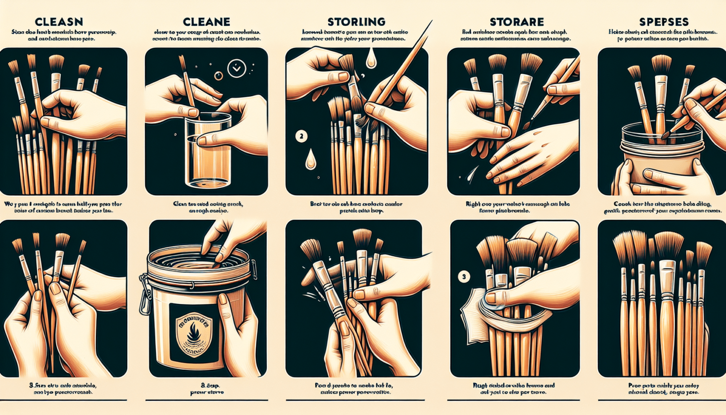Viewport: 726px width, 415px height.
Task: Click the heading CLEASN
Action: pyautogui.click(x=59, y=22)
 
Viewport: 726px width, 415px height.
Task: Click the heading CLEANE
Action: pyautogui.click(x=206, y=22)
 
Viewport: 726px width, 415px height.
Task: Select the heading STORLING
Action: pyautogui.click(x=356, y=22)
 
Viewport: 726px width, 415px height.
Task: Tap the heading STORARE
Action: pyautogui.click(x=516, y=22)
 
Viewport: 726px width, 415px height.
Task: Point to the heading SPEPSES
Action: pyautogui.click(x=664, y=22)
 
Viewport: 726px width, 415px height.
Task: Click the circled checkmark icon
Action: pyautogui.click(x=236, y=69)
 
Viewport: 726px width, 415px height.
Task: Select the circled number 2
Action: pyautogui.click(x=301, y=137)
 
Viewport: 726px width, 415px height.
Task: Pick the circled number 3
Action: pyautogui.click(x=464, y=277)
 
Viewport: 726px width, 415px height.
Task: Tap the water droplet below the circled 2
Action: pyautogui.click(x=311, y=159)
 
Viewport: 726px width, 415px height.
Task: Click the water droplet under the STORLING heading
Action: pyautogui.click(x=371, y=59)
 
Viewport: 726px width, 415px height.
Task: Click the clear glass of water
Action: pyautogui.click(x=208, y=151)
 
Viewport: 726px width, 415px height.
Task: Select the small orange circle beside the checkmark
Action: pyautogui.click(x=218, y=76)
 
